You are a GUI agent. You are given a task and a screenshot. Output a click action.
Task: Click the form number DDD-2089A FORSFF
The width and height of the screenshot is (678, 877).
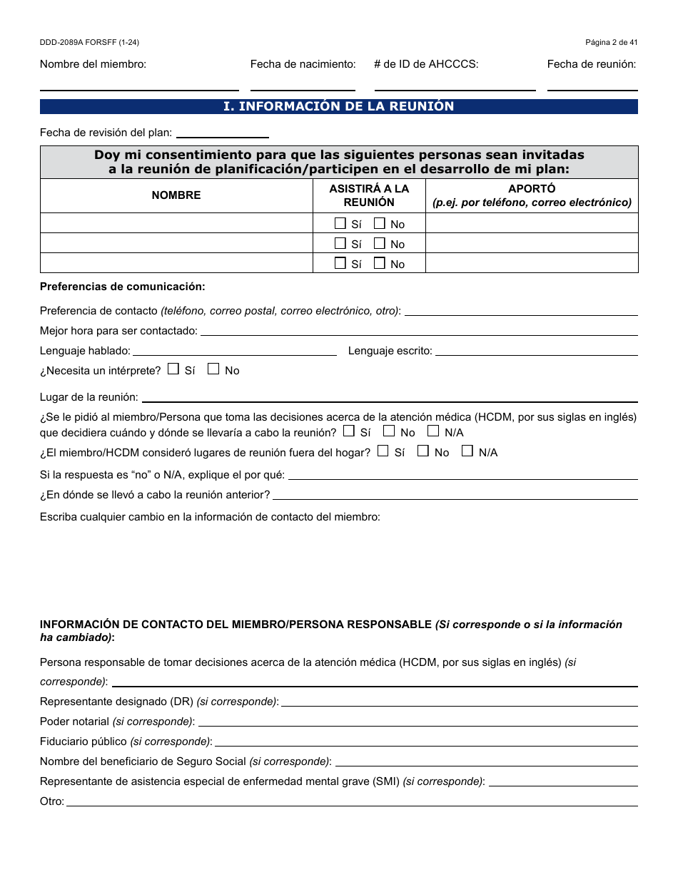pyautogui.click(x=89, y=43)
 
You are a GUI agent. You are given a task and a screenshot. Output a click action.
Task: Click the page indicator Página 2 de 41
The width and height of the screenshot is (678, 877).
pyautogui.click(x=611, y=43)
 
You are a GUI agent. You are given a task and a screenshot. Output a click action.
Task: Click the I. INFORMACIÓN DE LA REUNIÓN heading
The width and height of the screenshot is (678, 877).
pyautogui.click(x=338, y=106)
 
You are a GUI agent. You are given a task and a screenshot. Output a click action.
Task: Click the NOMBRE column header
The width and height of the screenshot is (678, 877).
pyautogui.click(x=176, y=195)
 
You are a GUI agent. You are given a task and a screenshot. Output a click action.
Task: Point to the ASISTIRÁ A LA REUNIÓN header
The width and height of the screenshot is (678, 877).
pyautogui.click(x=369, y=195)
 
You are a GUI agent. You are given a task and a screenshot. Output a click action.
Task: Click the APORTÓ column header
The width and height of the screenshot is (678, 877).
pyautogui.click(x=532, y=195)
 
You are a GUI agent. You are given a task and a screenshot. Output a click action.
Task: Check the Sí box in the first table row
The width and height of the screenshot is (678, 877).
pyautogui.click(x=340, y=223)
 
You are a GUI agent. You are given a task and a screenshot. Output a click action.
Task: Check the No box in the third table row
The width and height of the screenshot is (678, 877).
pyautogui.click(x=380, y=263)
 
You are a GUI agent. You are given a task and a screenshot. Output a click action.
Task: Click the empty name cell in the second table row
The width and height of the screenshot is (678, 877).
pyautogui.click(x=176, y=243)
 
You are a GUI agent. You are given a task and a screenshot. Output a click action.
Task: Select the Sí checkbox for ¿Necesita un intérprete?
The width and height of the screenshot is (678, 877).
pyautogui.click(x=173, y=369)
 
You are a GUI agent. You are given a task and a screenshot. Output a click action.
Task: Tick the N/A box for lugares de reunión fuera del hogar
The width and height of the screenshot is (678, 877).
pyautogui.click(x=467, y=451)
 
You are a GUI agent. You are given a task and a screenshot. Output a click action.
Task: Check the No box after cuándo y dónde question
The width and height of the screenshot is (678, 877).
pyautogui.click(x=389, y=431)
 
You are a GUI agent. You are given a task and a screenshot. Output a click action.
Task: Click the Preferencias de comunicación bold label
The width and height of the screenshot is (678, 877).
pyautogui.click(x=122, y=287)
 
